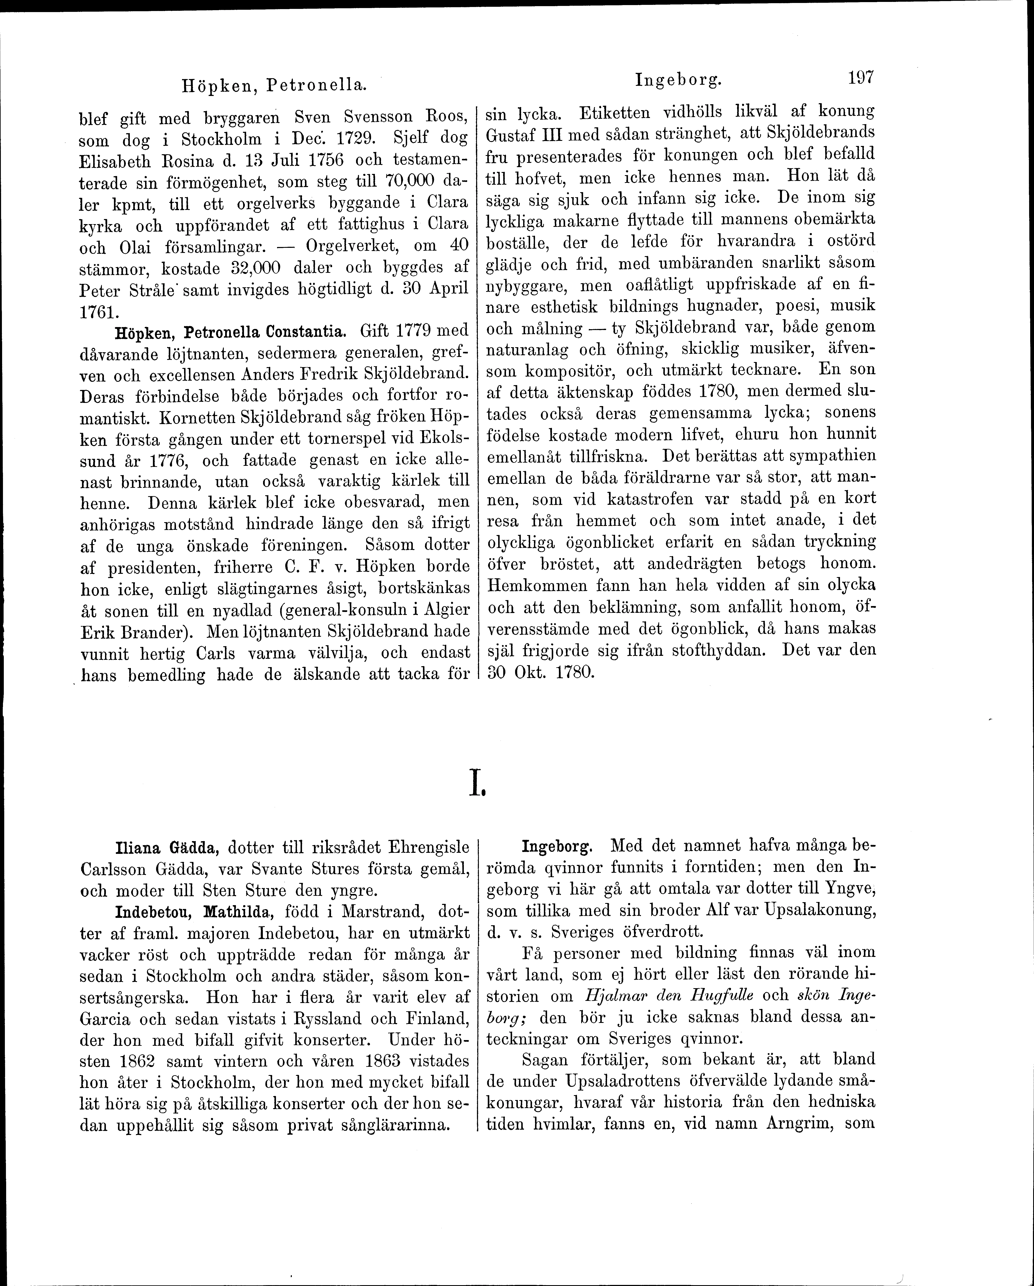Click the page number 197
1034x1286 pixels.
click(x=859, y=78)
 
